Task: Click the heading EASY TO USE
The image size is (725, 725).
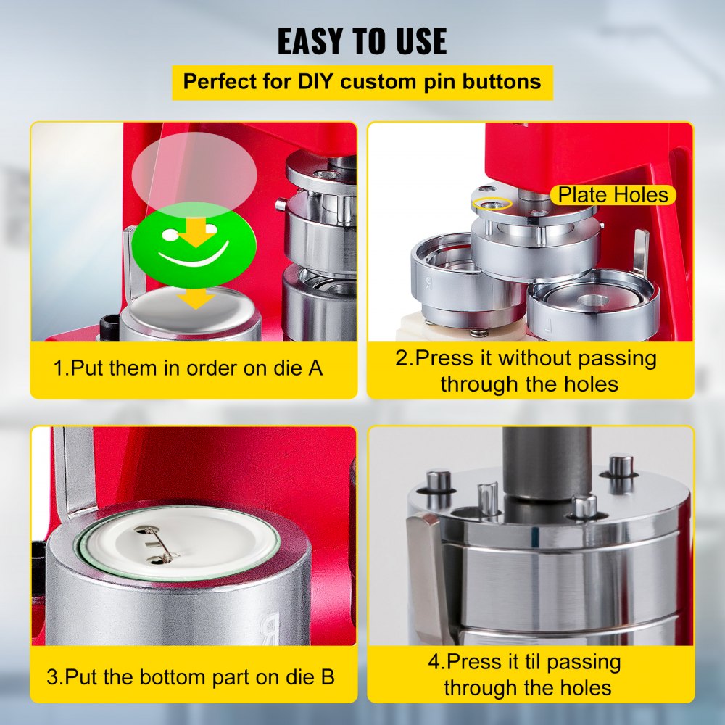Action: coord(362,42)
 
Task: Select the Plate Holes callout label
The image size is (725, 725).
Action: coord(612,194)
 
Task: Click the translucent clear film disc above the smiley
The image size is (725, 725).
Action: coord(194,168)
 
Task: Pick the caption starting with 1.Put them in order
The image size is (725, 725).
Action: coord(188,368)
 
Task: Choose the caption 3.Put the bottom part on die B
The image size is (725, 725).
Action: coord(191,678)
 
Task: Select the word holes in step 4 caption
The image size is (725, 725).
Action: coord(580,687)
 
